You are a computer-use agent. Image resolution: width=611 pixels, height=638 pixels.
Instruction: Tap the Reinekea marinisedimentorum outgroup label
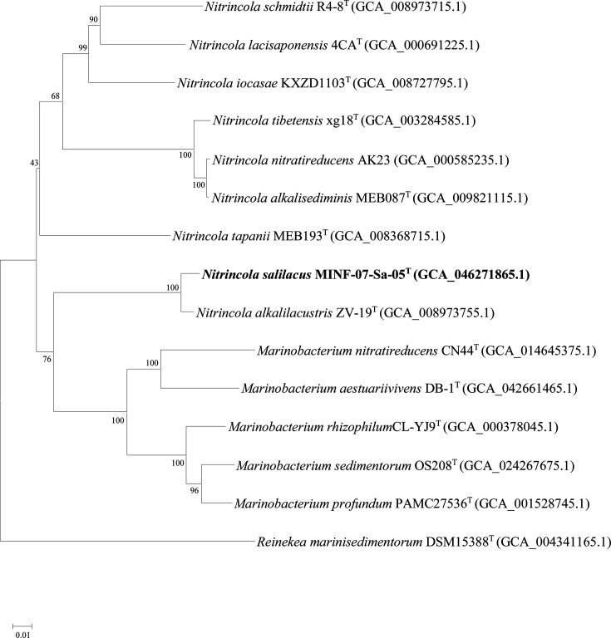(x=334, y=543)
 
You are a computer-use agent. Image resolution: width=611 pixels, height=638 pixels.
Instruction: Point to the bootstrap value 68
(x=57, y=97)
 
